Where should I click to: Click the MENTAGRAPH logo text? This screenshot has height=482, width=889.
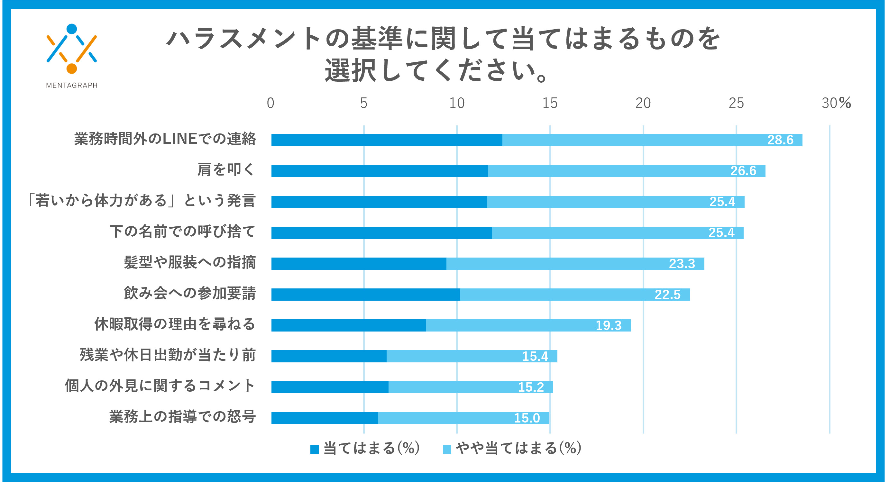click(72, 85)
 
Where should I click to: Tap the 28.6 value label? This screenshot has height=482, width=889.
click(780, 140)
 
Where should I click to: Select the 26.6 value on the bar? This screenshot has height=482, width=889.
click(743, 171)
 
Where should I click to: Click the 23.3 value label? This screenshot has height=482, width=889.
click(682, 264)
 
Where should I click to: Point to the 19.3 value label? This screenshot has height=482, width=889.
click(609, 325)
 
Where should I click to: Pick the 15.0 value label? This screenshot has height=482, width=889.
click(527, 418)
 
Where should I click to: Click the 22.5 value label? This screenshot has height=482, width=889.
click(667, 295)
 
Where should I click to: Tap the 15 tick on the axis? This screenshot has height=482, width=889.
click(550, 103)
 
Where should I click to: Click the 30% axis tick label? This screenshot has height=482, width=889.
click(836, 103)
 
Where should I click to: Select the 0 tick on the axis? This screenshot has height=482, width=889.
click(270, 103)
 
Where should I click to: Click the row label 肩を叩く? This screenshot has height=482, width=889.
click(226, 170)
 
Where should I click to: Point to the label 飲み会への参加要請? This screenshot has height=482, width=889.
click(190, 293)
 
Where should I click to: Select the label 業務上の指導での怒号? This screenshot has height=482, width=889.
click(183, 416)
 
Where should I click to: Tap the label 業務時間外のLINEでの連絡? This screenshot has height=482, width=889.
click(165, 139)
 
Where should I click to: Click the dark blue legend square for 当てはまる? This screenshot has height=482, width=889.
click(314, 449)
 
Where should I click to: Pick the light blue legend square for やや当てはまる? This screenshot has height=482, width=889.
click(447, 449)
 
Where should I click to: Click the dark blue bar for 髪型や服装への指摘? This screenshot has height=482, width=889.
click(359, 264)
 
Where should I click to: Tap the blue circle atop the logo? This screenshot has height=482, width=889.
click(71, 29)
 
